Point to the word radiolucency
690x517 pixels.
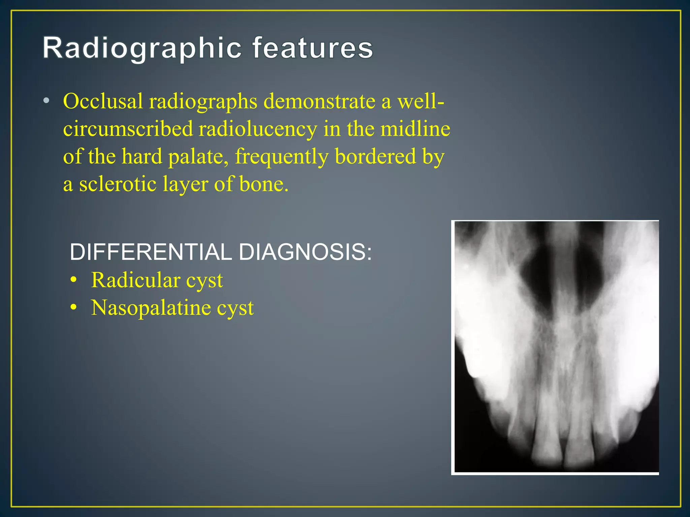(258, 129)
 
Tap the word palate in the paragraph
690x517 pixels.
(198, 157)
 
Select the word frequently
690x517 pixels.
(282, 157)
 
